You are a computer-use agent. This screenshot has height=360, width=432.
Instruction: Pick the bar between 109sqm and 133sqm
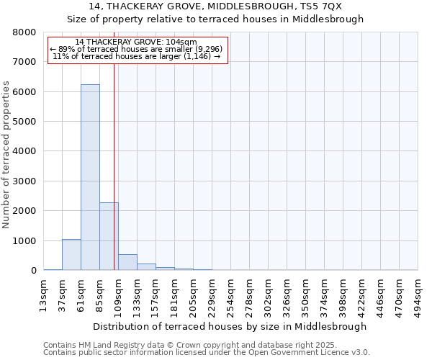point(127,262)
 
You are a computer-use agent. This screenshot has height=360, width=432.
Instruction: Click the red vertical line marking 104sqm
point(114,166)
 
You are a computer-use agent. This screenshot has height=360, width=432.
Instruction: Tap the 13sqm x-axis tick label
point(44,294)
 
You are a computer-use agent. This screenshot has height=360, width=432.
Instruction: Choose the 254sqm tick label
point(230,294)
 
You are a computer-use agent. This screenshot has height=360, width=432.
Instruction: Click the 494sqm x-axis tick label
point(418,294)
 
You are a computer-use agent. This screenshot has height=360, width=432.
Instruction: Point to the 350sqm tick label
point(305,294)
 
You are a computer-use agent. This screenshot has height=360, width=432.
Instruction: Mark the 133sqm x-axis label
point(137,294)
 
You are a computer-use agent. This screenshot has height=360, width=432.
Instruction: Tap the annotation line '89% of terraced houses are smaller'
point(138,49)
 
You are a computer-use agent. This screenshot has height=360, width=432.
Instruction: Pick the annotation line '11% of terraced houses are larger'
point(138,56)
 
